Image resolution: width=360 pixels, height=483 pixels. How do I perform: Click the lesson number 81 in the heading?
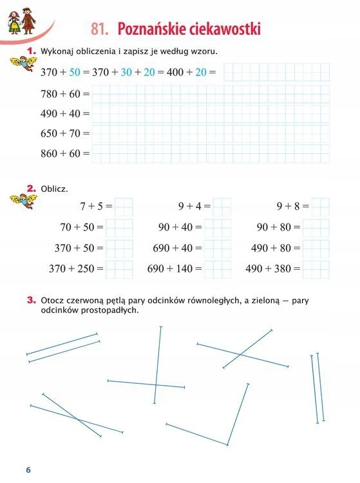(x=98, y=30)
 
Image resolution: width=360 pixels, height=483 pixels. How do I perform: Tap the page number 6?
(x=28, y=469)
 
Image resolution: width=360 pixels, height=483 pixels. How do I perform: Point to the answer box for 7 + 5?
(x=124, y=207)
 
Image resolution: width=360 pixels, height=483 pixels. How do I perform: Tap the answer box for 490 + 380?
(x=316, y=269)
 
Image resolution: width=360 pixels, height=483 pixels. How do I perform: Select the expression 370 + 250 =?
(x=76, y=269)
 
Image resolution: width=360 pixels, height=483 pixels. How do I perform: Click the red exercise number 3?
(x=30, y=299)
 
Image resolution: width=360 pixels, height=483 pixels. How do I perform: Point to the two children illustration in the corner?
(x=20, y=18)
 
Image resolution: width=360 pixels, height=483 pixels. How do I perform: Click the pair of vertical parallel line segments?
(x=315, y=388)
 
